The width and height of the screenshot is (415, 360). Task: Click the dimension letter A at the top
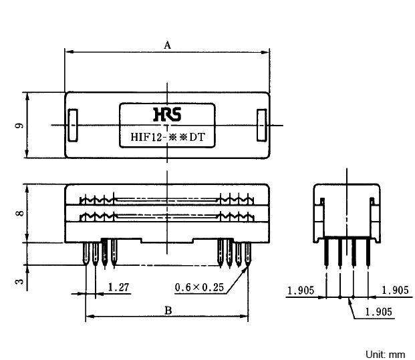[x=167, y=45]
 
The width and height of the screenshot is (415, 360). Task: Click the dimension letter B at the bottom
[x=168, y=311]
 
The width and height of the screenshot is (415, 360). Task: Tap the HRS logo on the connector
[x=167, y=114]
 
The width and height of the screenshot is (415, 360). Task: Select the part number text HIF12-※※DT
[x=168, y=137]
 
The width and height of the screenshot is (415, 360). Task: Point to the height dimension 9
[x=19, y=126]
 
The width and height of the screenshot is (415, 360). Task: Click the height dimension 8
[x=20, y=213]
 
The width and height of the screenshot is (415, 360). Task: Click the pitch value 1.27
[x=118, y=287]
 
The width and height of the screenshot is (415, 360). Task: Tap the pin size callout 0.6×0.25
[x=199, y=287]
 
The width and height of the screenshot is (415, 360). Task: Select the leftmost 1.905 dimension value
[x=301, y=291]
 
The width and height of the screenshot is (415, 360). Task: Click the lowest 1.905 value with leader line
[x=378, y=312]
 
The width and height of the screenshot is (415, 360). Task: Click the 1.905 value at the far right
[x=395, y=290]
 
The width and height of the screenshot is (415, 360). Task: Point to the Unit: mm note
[x=386, y=355]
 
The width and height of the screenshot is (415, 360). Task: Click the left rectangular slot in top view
[x=73, y=125]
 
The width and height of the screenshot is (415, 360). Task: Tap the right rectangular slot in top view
[x=262, y=125]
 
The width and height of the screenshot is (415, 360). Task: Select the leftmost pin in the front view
[x=86, y=253]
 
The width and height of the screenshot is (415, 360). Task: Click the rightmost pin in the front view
[x=248, y=254]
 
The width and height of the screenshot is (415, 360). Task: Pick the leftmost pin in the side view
[x=327, y=251]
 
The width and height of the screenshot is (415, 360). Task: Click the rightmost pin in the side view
[x=368, y=251]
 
